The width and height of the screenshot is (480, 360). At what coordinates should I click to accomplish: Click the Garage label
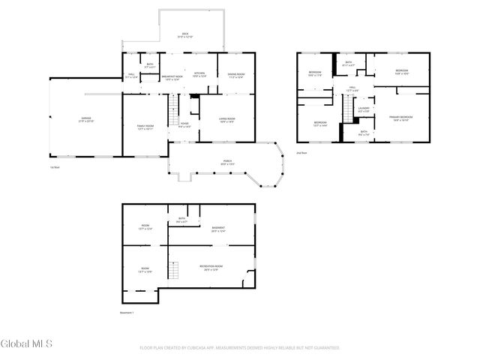82,119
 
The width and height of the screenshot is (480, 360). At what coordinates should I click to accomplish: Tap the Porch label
226,162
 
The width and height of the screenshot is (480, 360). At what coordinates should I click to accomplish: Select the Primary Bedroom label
400,118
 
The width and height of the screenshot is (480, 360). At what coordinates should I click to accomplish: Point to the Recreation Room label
208,268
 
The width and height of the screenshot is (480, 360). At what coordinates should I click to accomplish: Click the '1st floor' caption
54,166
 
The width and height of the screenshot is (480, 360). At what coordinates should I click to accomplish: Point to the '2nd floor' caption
302,152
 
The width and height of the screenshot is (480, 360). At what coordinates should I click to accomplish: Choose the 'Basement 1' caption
127,312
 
